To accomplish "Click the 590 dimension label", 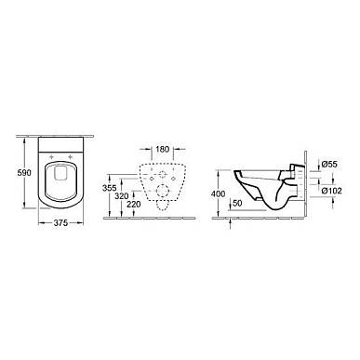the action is coord(24,172).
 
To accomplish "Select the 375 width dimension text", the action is coord(60,223).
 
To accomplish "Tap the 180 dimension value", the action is coord(162,149).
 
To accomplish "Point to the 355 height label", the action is coord(110,188).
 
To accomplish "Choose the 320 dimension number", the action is coord(121,196).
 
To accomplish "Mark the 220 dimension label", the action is coord(133,205).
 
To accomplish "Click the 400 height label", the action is coord(218,194).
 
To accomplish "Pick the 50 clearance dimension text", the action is coord(237,203).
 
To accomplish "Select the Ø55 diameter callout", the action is coord(329,164).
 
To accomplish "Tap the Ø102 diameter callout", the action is coord(331,191).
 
